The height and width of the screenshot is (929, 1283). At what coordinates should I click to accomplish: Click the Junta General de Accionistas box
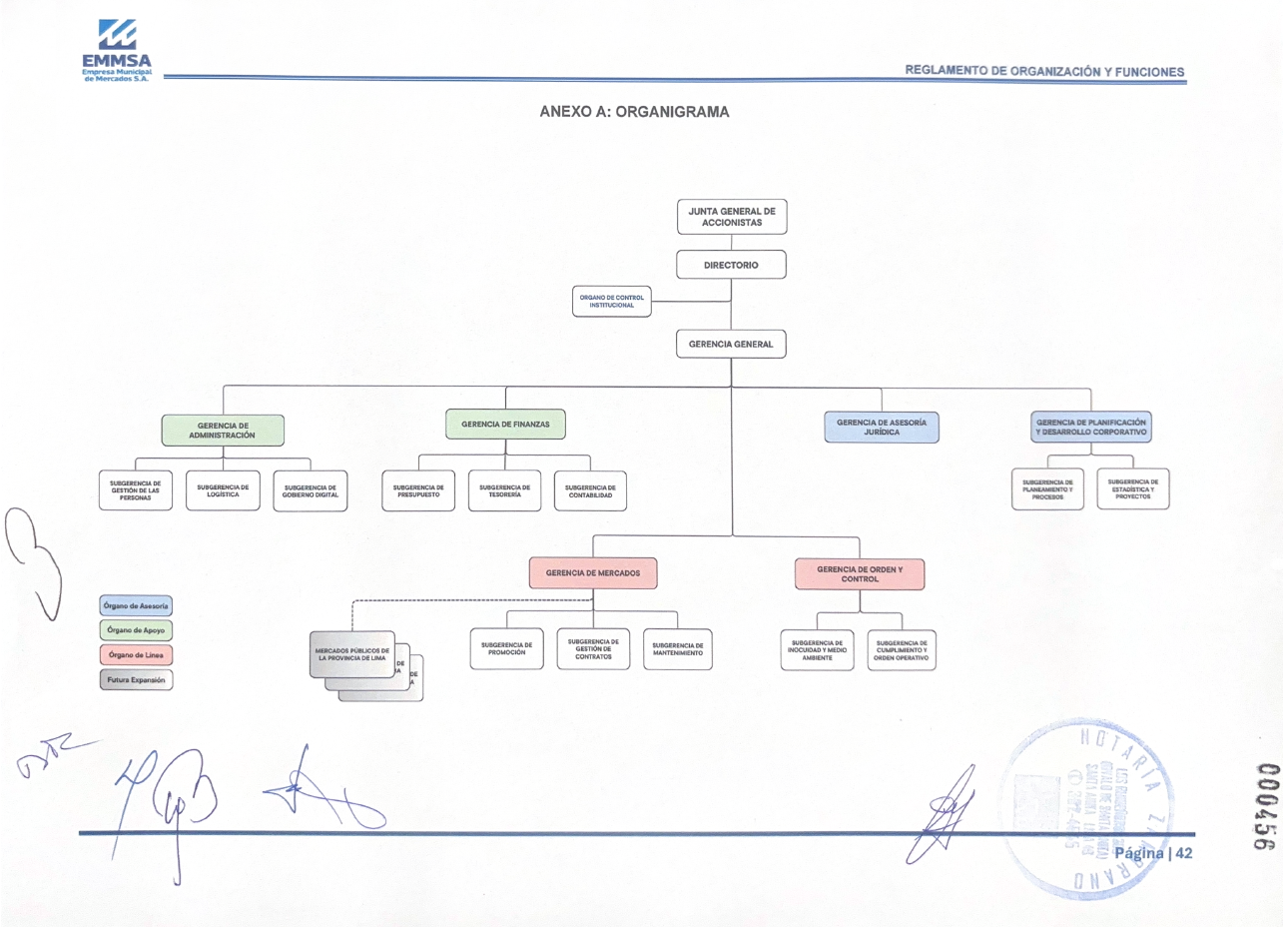click(732, 217)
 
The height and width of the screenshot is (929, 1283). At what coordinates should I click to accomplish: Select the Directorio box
click(732, 265)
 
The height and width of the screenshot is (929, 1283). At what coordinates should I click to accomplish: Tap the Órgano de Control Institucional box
click(612, 301)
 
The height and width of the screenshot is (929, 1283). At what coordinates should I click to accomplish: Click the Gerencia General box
click(732, 344)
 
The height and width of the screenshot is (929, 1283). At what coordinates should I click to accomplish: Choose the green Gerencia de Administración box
click(223, 430)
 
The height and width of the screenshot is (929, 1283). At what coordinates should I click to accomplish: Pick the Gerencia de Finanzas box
click(505, 425)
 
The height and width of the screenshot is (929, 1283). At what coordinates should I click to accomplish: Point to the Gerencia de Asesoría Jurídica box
click(882, 428)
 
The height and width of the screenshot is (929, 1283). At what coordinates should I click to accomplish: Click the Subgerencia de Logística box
click(223, 490)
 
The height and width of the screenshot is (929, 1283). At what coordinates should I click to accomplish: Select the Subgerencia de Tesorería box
click(504, 490)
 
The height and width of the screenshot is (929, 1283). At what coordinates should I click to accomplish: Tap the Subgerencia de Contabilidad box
click(590, 490)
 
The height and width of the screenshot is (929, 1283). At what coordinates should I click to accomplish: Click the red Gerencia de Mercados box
click(593, 573)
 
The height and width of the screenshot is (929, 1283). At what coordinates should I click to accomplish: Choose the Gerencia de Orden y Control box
click(860, 573)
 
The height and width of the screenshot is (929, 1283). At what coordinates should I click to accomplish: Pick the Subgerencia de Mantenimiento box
click(679, 649)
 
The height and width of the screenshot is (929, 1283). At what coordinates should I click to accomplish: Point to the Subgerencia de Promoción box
click(506, 649)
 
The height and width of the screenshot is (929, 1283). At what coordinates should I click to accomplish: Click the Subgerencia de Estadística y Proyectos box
click(1132, 489)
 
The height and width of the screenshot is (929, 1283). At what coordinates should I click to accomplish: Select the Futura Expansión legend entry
click(137, 679)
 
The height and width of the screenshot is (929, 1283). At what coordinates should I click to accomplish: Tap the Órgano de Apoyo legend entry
click(137, 630)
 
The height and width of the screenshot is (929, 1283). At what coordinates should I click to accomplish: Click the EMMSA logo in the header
click(116, 50)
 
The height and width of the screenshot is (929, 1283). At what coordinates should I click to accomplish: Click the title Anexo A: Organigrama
click(634, 112)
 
